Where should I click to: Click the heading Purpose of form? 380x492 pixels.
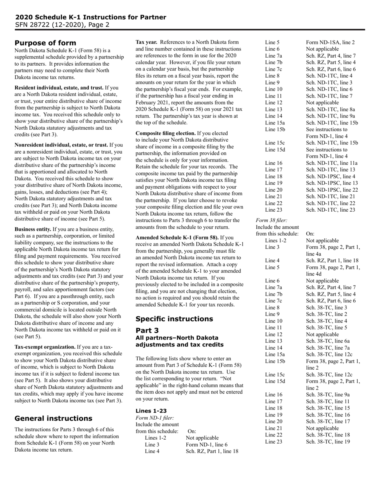coord(45,43)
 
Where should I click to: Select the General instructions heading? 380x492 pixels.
coord(53,418)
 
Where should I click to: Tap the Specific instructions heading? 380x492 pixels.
coord(174,319)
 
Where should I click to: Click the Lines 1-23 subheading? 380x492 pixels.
coord(151,411)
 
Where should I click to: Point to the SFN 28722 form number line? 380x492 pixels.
coord(62,25)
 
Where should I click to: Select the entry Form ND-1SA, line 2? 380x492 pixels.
coord(330,42)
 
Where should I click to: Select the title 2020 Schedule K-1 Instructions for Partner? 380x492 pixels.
coord(91,17)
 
